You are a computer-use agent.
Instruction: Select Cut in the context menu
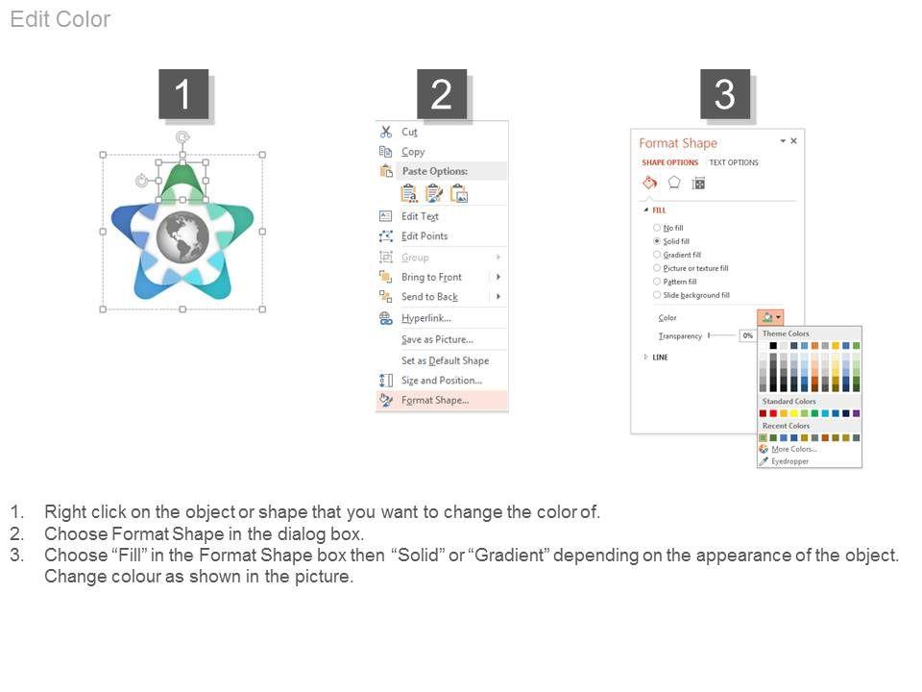click(409, 132)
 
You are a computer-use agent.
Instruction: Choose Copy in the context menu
click(413, 152)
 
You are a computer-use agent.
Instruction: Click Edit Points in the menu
click(425, 236)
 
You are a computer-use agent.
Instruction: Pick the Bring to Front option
click(431, 277)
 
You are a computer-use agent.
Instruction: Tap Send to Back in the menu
click(430, 297)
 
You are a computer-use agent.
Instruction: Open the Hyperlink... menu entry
click(426, 318)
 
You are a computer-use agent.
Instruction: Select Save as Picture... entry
click(438, 339)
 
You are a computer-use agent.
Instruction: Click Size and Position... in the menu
click(442, 381)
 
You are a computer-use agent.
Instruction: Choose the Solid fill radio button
click(657, 241)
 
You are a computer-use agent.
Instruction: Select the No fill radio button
click(657, 228)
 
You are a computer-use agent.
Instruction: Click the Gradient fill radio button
click(657, 255)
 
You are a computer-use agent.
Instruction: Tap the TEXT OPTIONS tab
click(734, 162)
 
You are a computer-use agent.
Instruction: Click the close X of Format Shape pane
click(794, 140)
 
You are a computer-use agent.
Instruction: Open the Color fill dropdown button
click(770, 318)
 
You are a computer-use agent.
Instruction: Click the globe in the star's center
click(182, 237)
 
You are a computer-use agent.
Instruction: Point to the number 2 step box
click(442, 94)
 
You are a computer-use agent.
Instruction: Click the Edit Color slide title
click(61, 19)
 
